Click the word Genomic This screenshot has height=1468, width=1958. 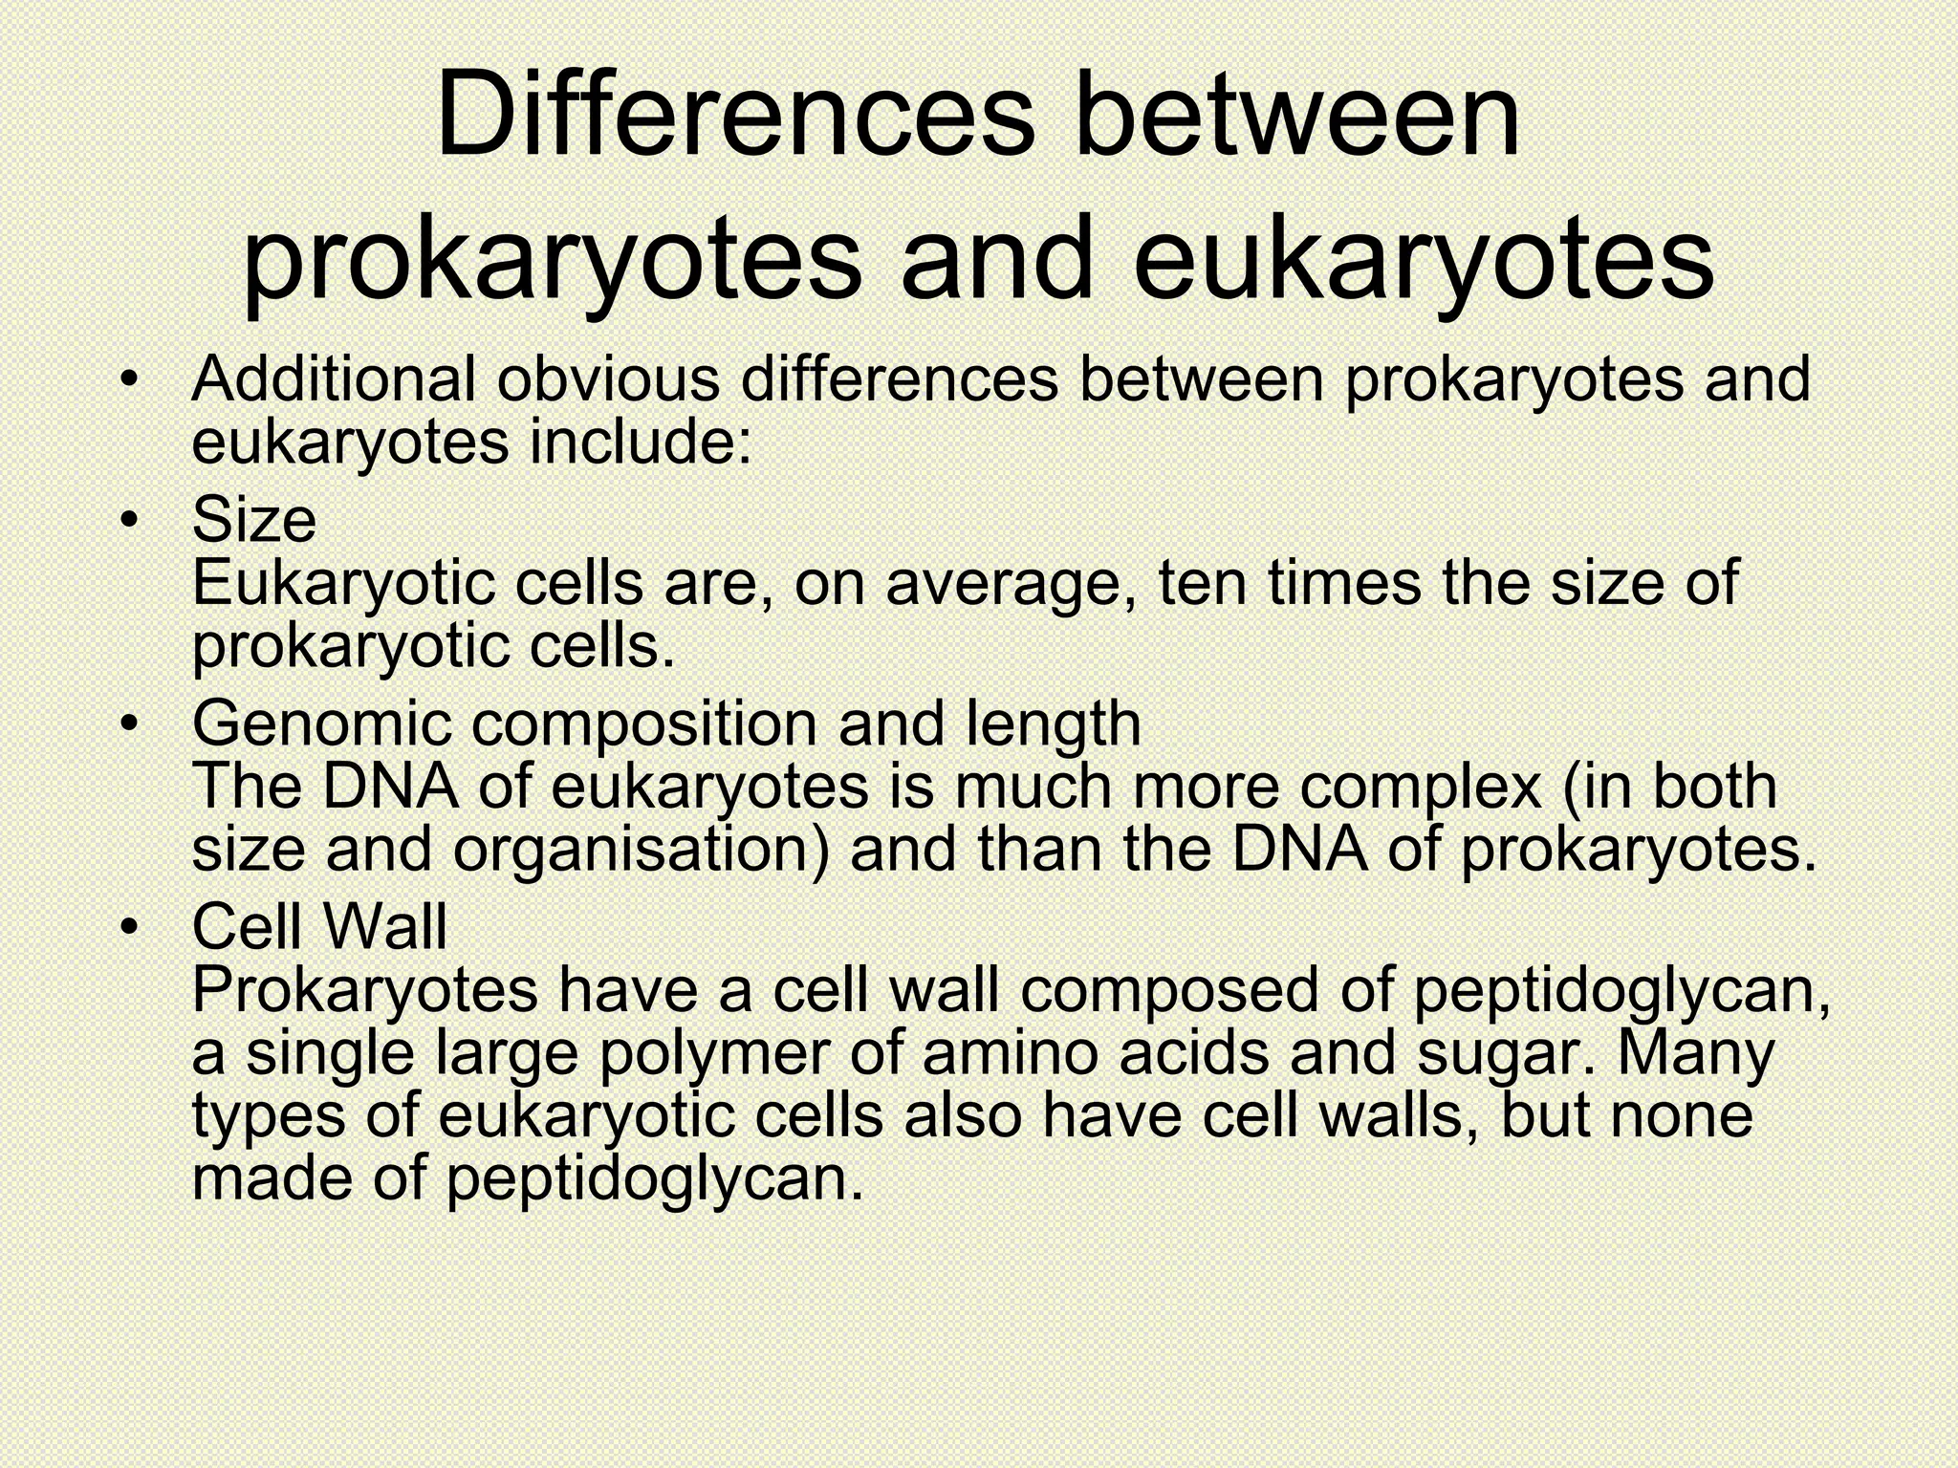click(321, 723)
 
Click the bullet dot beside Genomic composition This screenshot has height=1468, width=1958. click(130, 723)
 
